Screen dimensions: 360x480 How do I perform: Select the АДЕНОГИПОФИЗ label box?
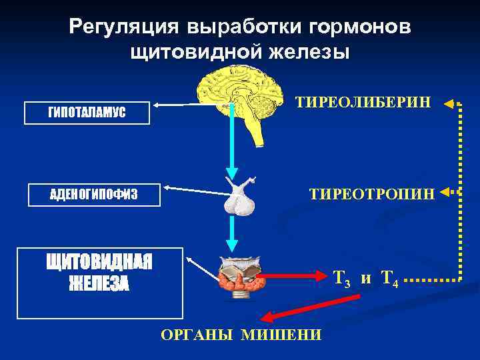94,195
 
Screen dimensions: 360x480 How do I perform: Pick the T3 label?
342,279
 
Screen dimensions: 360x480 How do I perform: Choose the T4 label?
389,279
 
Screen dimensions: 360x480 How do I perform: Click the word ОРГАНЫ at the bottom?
199,334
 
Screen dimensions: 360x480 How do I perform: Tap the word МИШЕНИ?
280,334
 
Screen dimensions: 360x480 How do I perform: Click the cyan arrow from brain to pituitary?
231,143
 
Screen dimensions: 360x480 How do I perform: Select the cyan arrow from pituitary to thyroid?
231,233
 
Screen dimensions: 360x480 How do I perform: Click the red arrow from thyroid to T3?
293,276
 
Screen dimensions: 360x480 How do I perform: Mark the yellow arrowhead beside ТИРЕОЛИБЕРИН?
449,103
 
